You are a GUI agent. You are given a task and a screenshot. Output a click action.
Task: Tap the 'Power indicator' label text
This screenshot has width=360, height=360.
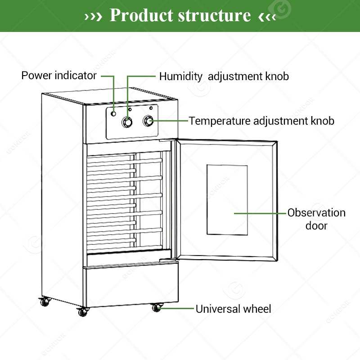coord(59,76)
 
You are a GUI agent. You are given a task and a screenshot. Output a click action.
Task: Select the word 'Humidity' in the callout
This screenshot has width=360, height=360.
coord(181,76)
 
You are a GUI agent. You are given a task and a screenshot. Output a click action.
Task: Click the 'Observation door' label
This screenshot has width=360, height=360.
coord(316,219)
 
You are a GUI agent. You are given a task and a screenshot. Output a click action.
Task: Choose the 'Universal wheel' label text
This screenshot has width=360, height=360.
coord(233,309)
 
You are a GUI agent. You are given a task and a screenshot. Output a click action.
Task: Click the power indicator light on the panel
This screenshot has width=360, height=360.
coord(114,113)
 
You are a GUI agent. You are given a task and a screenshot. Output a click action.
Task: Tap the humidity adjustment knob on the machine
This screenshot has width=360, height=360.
coord(128,122)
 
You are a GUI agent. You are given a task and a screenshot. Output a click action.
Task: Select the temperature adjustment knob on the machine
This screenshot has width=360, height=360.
coord(148,121)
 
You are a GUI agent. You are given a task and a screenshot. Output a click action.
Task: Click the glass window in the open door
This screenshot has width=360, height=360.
coord(227,199)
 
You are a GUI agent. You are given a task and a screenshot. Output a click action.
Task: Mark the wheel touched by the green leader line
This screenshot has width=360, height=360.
coord(156,308)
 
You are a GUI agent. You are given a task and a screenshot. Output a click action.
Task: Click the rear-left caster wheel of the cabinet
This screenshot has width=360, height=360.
coord(44,302)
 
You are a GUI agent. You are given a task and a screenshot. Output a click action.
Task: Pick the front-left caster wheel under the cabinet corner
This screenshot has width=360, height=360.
coord(81,311)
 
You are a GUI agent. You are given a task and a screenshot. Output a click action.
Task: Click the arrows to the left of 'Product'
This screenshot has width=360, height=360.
coord(94,17)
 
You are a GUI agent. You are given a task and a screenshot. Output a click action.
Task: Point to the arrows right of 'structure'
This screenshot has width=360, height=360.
coord(267,17)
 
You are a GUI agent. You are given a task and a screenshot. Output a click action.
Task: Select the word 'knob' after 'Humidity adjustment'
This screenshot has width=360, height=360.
coord(276,76)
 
